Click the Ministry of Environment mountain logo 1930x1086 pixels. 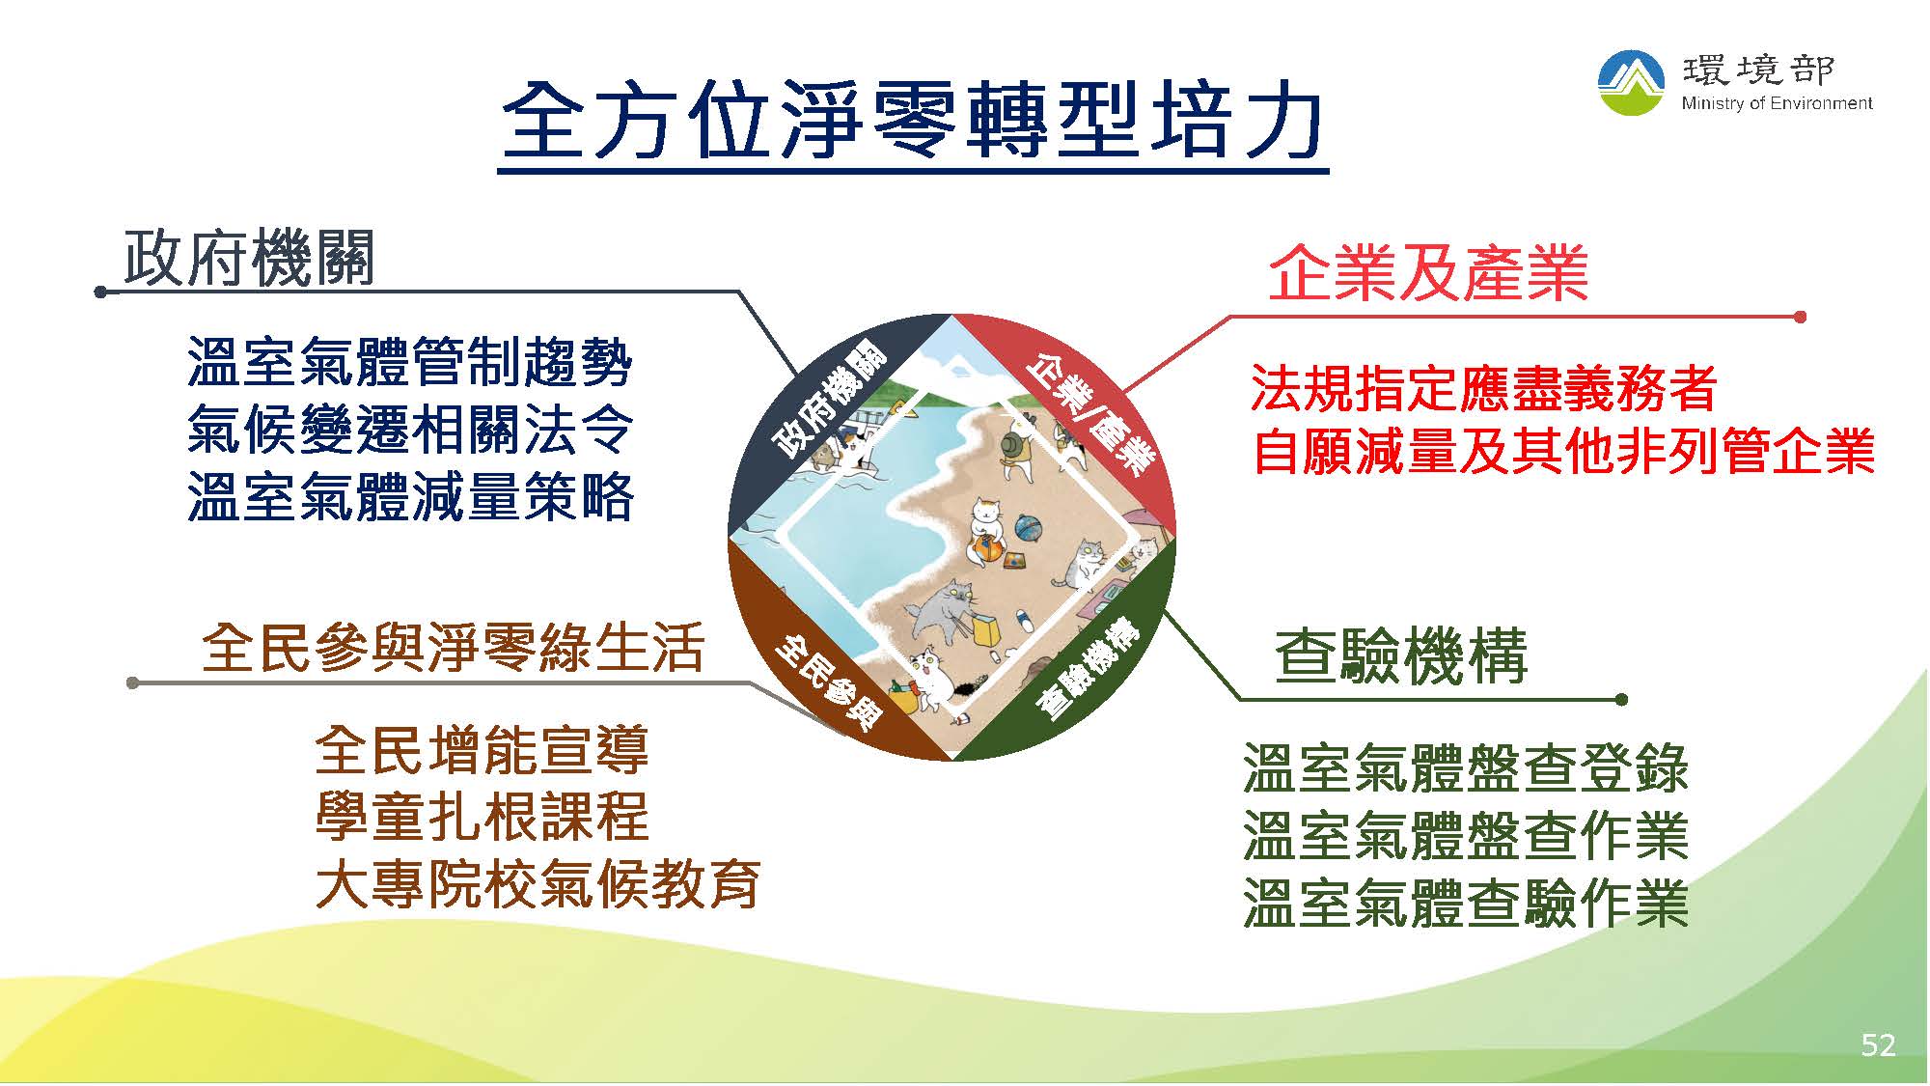pyautogui.click(x=1632, y=83)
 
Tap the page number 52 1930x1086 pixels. pyautogui.click(x=1878, y=1044)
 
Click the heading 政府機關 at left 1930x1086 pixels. pyautogui.click(x=249, y=258)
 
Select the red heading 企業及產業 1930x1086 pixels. pyautogui.click(x=1428, y=273)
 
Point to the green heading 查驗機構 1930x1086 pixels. pyautogui.click(x=1401, y=655)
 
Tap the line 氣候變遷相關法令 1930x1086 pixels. pyautogui.click(x=411, y=430)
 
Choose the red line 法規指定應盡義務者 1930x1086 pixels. pyautogui.click(x=1483, y=388)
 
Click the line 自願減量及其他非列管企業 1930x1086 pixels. pyautogui.click(x=1563, y=451)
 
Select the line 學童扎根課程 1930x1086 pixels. pyautogui.click(x=482, y=816)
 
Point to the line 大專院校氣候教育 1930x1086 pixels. pyautogui.click(x=538, y=883)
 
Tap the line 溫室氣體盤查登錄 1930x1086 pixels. pyautogui.click(x=1466, y=767)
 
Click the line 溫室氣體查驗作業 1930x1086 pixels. pyautogui.click(x=1466, y=902)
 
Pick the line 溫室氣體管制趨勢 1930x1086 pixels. pyautogui.click(x=411, y=362)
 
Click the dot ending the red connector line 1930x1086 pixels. pyautogui.click(x=1800, y=317)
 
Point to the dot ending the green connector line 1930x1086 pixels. pyautogui.click(x=1621, y=699)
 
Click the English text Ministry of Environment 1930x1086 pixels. pyautogui.click(x=1777, y=103)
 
